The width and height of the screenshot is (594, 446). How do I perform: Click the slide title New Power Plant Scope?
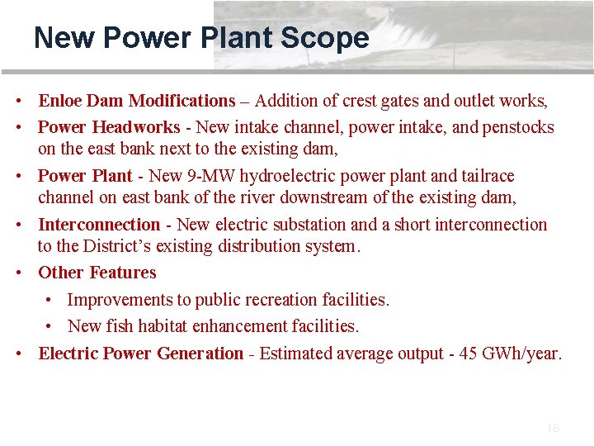coord(201,38)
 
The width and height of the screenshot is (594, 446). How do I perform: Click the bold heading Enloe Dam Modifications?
coord(137,101)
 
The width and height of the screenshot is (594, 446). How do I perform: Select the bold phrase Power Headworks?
coord(109,127)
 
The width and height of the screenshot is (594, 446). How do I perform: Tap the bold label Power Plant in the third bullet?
coord(85,176)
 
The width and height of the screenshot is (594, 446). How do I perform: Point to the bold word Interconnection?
coord(99,225)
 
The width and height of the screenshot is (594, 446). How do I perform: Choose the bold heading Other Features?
coord(97,273)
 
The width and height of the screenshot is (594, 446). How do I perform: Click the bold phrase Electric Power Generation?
coord(141,353)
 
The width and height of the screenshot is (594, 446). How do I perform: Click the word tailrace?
coord(487,176)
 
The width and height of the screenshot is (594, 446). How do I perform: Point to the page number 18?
coord(553,428)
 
